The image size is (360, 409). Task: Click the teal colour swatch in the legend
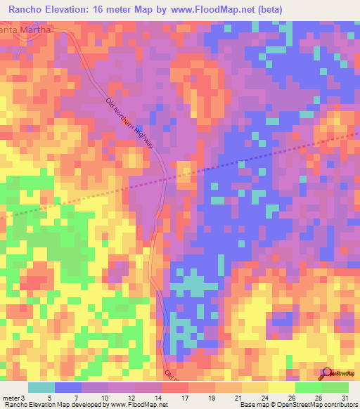point(41,387)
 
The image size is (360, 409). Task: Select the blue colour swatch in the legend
point(68,387)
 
